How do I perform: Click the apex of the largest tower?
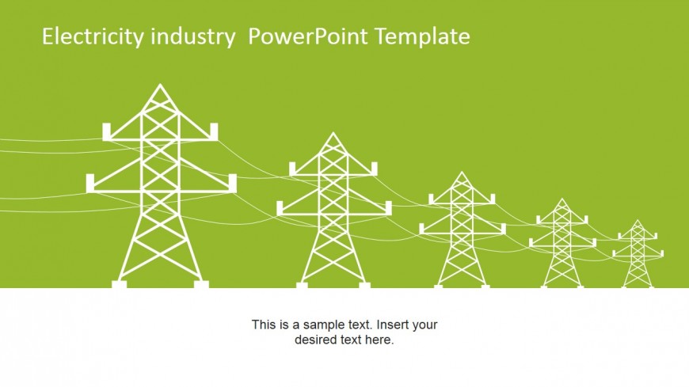click(161, 85)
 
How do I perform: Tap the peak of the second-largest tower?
click(333, 133)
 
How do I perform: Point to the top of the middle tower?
click(462, 173)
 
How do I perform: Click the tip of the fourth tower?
click(562, 199)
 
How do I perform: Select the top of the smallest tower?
click(638, 221)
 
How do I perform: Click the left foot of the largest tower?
click(120, 283)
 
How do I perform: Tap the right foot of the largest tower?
click(201, 283)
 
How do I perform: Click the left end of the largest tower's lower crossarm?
click(90, 184)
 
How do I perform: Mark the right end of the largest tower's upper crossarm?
click(211, 131)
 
